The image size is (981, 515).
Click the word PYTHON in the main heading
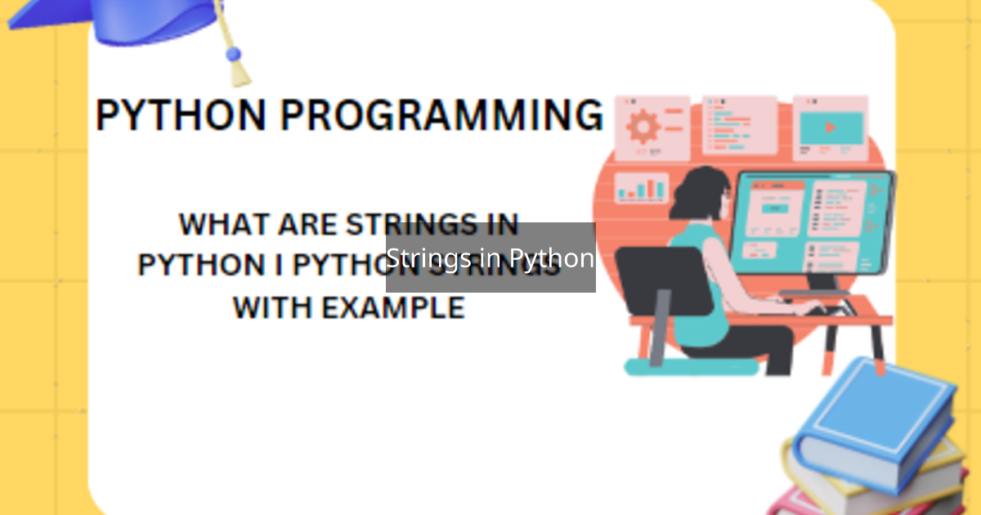(x=181, y=115)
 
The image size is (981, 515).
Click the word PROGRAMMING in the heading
(x=441, y=115)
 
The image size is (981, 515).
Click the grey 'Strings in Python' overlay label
(x=490, y=257)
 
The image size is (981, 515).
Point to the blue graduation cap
(x=139, y=20)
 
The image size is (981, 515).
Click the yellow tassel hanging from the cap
(x=238, y=69)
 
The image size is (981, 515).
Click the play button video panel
(x=831, y=128)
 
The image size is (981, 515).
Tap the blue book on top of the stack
(x=875, y=417)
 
